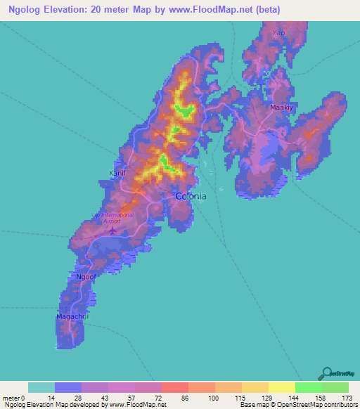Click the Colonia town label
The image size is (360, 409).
click(x=191, y=197)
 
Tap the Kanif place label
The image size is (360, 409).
click(x=117, y=173)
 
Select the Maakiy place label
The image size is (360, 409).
click(x=281, y=108)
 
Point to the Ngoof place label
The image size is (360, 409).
click(x=85, y=276)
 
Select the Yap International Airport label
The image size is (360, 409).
click(x=112, y=217)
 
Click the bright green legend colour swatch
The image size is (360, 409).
click(x=308, y=387)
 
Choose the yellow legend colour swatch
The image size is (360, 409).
click(x=281, y=387)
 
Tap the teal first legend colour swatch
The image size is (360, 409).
click(x=41, y=387)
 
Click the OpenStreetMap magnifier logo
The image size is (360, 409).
click(x=328, y=372)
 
